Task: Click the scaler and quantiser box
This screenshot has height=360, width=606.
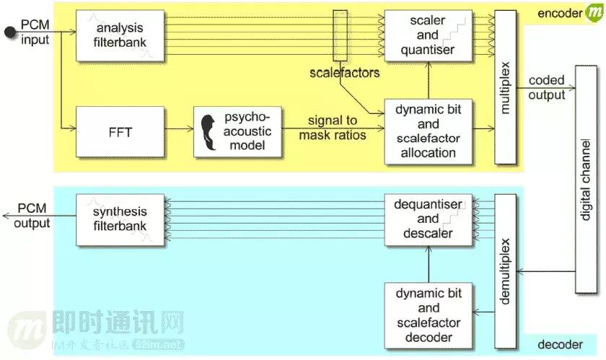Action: (428, 34)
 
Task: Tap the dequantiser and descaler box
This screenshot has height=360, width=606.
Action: (428, 218)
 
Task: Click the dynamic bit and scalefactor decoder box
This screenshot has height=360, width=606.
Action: (428, 315)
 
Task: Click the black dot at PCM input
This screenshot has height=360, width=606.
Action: (9, 31)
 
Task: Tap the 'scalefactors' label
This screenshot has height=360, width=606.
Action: (344, 73)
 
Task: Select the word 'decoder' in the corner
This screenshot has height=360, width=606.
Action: (560, 345)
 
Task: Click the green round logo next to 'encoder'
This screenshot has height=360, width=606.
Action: (594, 13)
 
